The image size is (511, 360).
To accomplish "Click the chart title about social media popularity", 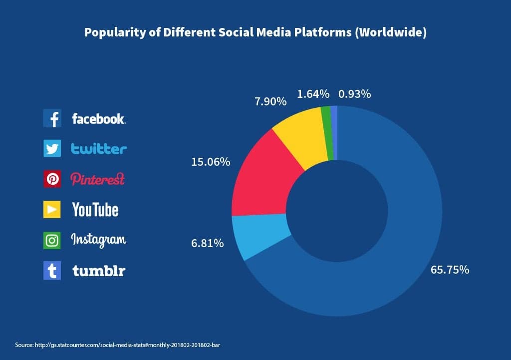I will (255, 32).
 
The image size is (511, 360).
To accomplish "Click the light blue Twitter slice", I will (262, 235).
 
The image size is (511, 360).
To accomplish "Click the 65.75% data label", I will (450, 270).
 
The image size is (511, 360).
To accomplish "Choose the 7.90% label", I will (270, 102).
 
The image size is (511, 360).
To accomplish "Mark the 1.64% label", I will (313, 94).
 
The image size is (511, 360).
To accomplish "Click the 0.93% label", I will (354, 94).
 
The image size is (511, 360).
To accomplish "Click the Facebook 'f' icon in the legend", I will (52, 119).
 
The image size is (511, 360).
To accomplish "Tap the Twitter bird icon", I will (52, 149).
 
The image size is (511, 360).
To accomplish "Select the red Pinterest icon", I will (52, 179).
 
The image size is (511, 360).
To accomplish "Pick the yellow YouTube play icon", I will (52, 209).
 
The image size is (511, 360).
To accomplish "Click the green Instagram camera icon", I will (52, 240).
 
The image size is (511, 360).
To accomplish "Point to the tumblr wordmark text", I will (98, 271).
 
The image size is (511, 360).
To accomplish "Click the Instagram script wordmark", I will (98, 240).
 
